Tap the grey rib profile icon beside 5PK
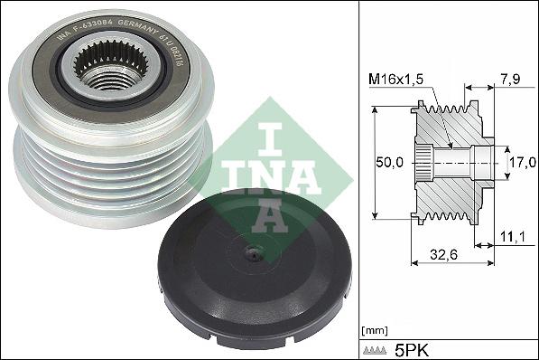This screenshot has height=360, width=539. click(376, 348)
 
